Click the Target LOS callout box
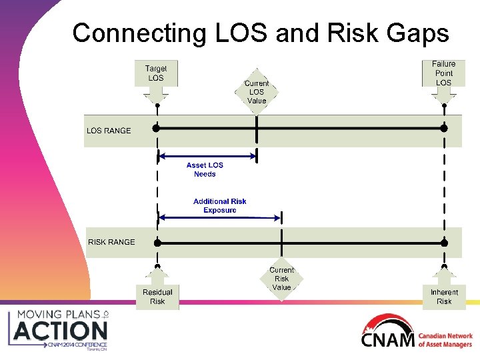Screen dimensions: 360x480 156,73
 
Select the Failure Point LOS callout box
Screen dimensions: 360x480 444,73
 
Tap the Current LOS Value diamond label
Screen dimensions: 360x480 257,92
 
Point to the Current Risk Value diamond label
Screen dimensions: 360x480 282,279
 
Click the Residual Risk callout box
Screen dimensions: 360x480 157,296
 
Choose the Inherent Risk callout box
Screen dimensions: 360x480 444,296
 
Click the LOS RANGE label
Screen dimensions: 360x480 109,131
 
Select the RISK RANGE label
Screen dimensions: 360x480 111,242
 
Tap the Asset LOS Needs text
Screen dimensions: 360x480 205,169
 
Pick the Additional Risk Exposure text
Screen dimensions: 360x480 220,205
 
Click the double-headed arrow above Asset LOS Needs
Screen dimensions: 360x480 207,157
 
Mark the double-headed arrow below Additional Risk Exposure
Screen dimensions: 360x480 220,217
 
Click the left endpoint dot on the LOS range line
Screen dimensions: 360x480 156,127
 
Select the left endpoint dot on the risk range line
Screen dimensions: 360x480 157,243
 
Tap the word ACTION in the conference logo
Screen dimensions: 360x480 60,330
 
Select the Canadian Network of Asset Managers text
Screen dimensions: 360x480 445,340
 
